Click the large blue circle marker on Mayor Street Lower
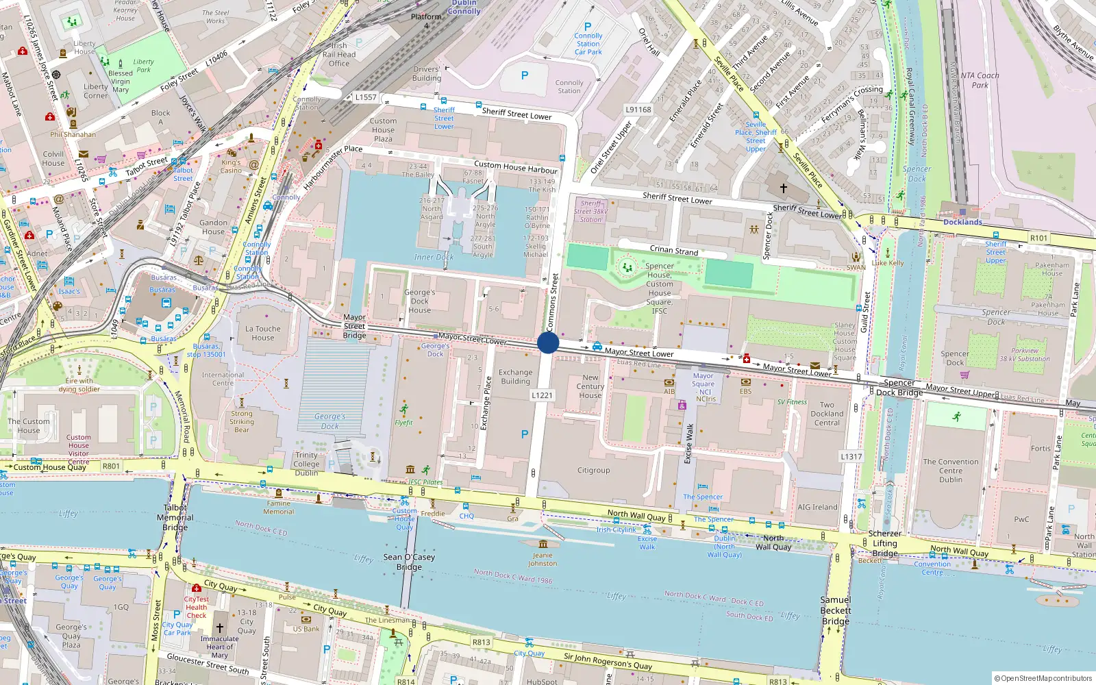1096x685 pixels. point(548,342)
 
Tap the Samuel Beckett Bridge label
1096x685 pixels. point(836,610)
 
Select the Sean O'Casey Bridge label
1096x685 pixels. point(409,562)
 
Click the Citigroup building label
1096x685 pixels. point(593,471)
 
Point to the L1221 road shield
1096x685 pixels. point(542,395)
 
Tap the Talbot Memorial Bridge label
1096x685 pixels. point(175,518)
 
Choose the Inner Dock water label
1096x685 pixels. point(434,258)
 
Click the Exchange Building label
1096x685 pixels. point(515,377)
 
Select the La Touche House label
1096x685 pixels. point(263,333)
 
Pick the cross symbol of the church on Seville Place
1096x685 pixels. point(783,187)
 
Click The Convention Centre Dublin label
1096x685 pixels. point(951,471)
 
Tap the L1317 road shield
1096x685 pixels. point(851,456)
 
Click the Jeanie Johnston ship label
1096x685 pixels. point(543,560)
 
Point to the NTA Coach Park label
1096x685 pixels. point(980,80)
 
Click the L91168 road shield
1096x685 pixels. point(638,110)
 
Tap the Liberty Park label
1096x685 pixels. point(143,65)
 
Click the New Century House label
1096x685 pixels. point(590,386)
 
